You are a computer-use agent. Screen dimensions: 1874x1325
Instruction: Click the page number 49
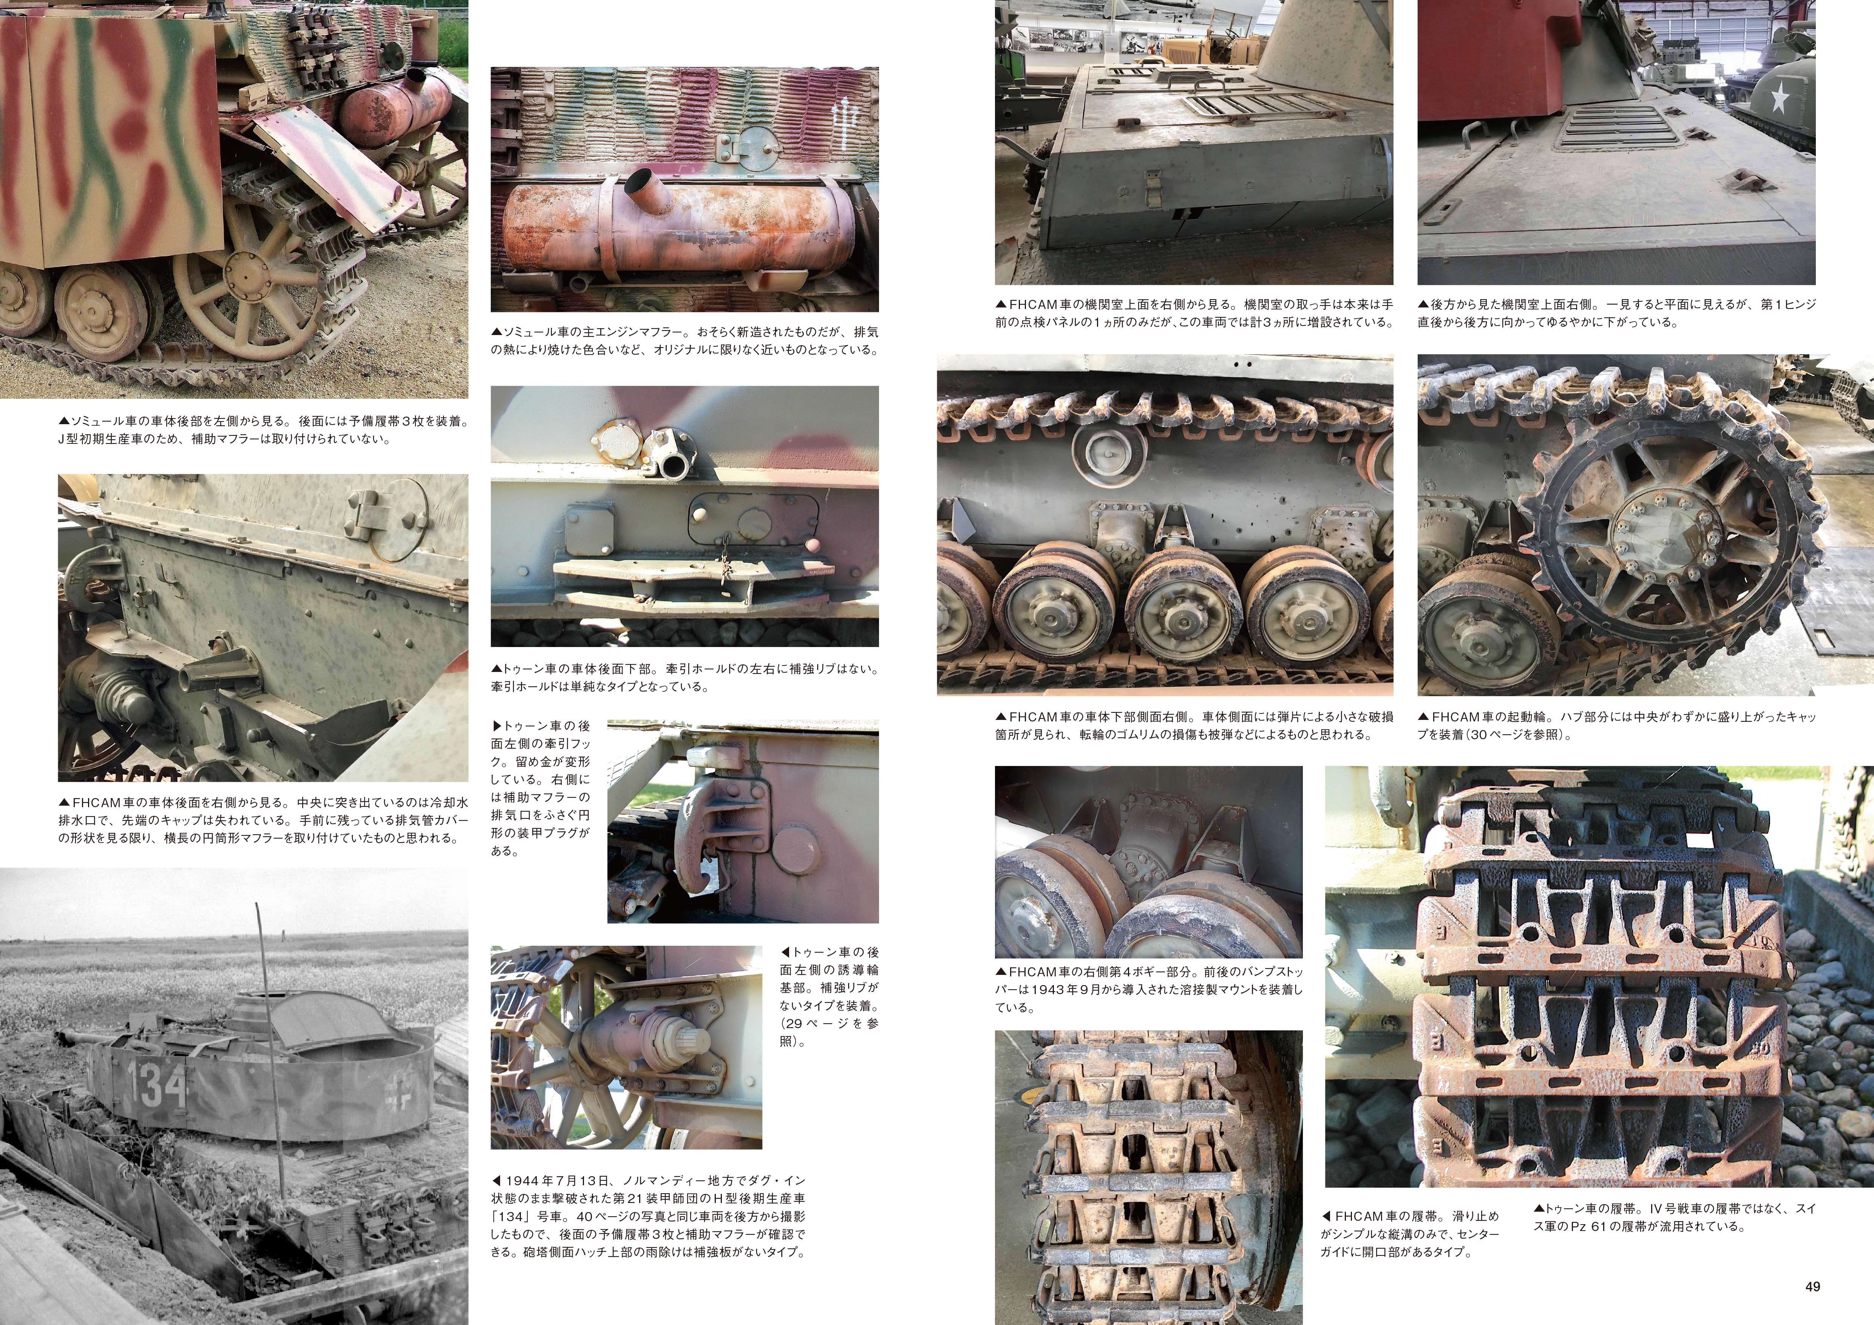(1812, 1286)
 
